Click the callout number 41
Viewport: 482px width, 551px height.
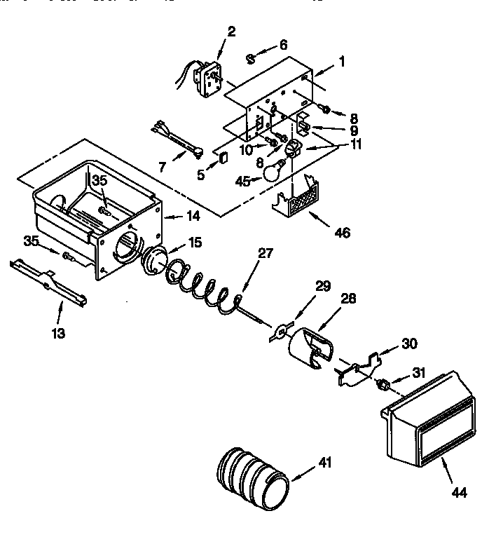coord(324,463)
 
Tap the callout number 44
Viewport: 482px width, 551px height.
coord(458,492)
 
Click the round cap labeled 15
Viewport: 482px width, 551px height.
coord(155,259)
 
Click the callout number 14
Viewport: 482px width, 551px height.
coord(191,217)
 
